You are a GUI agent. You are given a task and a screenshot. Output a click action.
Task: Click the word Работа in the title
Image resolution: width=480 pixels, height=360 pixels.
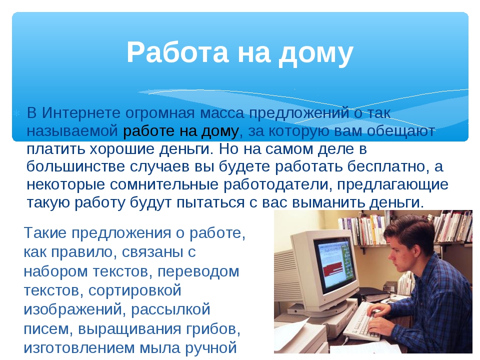pyautogui.click(x=178, y=52)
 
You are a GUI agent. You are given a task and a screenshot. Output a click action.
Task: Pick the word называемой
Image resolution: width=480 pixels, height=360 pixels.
pyautogui.click(x=72, y=131)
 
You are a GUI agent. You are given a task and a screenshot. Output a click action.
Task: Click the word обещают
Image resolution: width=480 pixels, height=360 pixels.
pyautogui.click(x=401, y=131)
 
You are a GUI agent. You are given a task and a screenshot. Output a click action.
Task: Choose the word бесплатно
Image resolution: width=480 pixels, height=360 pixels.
pyautogui.click(x=386, y=166)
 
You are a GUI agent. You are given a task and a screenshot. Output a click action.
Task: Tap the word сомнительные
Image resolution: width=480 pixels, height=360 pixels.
pyautogui.click(x=164, y=184)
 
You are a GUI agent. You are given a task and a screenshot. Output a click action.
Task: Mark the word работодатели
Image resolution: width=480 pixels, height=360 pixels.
pyautogui.click(x=278, y=185)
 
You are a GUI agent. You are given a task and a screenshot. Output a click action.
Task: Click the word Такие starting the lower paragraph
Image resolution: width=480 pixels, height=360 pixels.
pyautogui.click(x=45, y=232)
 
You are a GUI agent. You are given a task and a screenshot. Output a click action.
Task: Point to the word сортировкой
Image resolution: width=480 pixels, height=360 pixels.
pyautogui.click(x=135, y=290)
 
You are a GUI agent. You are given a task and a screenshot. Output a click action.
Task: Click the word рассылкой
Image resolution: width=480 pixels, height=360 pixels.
pyautogui.click(x=171, y=309)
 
